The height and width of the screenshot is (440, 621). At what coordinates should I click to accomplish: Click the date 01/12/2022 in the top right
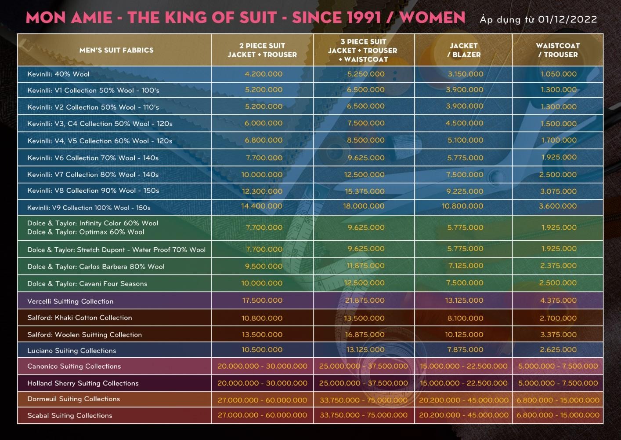tap(567, 19)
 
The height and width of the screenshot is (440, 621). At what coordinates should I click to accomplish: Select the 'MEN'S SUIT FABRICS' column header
tap(116, 50)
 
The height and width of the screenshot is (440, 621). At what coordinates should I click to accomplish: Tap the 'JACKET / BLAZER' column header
tap(464, 50)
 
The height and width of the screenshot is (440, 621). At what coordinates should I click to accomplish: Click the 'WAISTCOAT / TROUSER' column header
tap(558, 50)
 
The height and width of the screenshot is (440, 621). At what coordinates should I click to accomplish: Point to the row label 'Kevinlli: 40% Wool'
tap(58, 74)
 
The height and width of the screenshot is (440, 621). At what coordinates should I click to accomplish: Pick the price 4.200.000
tap(264, 74)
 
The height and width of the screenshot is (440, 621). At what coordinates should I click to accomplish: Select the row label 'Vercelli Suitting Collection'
tap(70, 301)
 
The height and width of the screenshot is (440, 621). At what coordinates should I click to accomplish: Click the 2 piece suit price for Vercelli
tap(262, 301)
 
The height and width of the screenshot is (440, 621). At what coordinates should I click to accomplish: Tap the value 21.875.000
tap(365, 301)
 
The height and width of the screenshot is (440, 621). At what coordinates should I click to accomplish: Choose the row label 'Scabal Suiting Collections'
tap(70, 415)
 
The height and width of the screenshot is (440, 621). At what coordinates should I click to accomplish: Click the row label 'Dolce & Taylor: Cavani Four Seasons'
tap(87, 284)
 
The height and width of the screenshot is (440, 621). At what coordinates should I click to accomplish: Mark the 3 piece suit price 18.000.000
tap(364, 206)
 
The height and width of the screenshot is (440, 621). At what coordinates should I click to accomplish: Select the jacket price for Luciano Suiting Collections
tap(465, 350)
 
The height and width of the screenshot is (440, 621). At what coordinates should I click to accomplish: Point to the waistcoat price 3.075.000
tap(558, 191)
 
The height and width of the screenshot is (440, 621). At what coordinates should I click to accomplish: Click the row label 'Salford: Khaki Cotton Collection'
tap(79, 318)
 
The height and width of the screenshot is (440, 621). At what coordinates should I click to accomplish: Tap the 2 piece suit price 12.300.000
tap(262, 191)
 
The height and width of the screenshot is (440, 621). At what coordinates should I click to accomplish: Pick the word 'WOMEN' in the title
tap(433, 18)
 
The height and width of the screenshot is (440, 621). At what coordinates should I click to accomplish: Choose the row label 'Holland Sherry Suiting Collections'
tap(83, 383)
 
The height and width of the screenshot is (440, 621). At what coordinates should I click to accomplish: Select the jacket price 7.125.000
tap(466, 266)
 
